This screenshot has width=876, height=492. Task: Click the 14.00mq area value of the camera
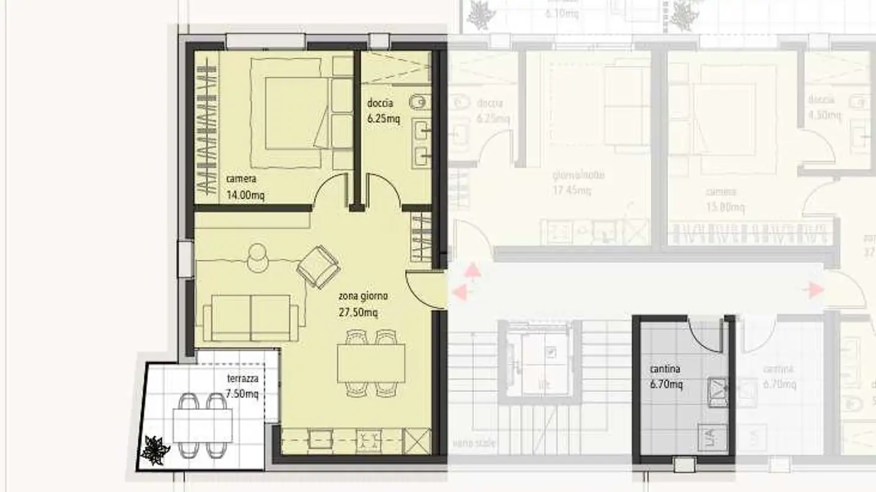coord(245,195)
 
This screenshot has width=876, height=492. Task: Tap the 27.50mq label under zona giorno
coord(358,313)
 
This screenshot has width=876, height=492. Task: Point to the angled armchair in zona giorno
coord(318,266)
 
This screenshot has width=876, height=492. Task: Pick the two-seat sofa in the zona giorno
coord(251,318)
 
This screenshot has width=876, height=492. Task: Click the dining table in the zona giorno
coord(371,363)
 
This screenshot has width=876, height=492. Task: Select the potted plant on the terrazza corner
coord(155,450)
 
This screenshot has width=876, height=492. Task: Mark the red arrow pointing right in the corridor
coord(813,290)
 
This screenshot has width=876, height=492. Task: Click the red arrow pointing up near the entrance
coord(472,270)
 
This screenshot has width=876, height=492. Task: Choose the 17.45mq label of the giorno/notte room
coord(572,191)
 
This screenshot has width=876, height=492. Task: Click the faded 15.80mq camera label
coord(725,208)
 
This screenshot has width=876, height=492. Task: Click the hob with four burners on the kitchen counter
coord(369,439)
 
